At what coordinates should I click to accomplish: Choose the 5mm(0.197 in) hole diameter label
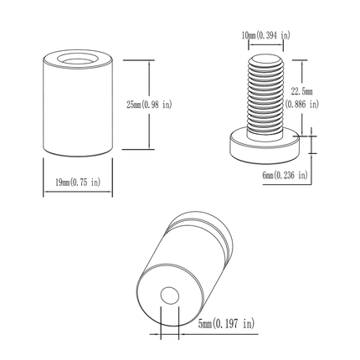[x=227, y=322]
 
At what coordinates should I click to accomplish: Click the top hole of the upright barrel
[x=76, y=61]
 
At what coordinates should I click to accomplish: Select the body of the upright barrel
[x=76, y=109]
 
